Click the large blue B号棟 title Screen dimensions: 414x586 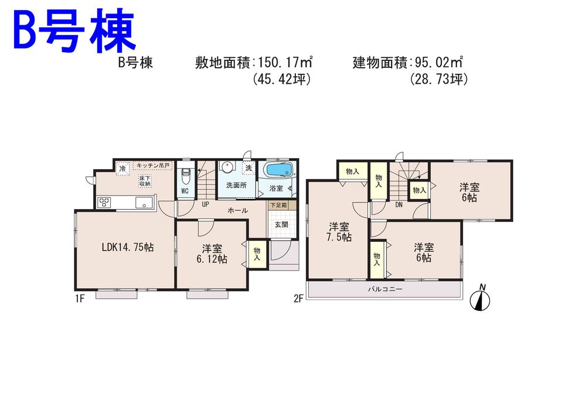(x=74, y=32)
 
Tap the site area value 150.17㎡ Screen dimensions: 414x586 (x=284, y=63)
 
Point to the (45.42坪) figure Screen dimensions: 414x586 (x=281, y=79)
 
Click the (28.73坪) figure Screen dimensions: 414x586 (x=438, y=79)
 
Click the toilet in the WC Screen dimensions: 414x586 (x=185, y=176)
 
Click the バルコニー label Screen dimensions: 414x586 (x=385, y=289)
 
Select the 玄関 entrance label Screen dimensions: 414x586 (x=281, y=224)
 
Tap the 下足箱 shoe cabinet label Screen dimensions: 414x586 (x=278, y=206)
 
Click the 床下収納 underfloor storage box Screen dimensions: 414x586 (x=145, y=181)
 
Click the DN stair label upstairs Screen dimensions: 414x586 (x=398, y=205)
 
